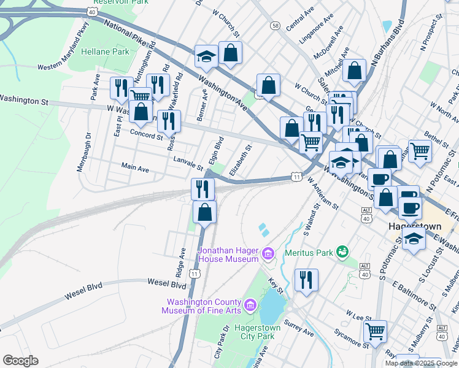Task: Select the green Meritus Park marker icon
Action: pos(343,251)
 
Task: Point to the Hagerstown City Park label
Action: pos(258,332)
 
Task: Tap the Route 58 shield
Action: pos(276,25)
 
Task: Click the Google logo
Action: pos(20,360)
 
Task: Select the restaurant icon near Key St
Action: pos(305,279)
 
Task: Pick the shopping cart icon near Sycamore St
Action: pos(375,331)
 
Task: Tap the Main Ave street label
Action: pos(135,167)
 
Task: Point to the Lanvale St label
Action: pos(188,163)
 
